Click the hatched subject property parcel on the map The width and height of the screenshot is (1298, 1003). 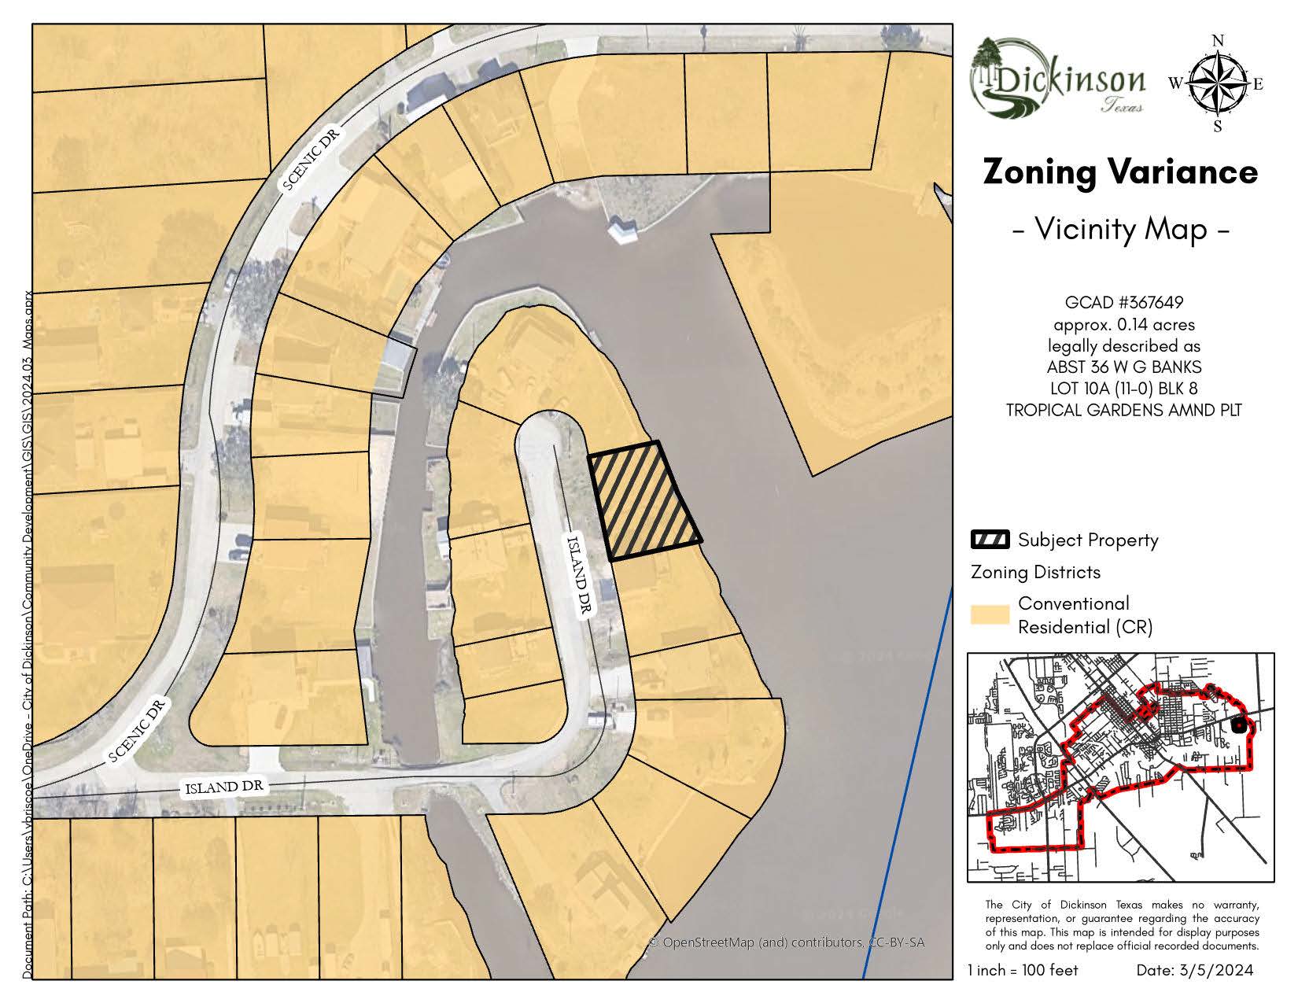tap(644, 500)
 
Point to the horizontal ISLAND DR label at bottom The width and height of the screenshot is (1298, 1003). tap(225, 787)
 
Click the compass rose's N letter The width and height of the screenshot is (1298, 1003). tap(1218, 41)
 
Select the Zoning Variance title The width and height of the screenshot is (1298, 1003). tap(1120, 171)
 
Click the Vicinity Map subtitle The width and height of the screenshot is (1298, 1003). tap(1120, 229)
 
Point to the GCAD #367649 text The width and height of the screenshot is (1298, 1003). tap(1123, 302)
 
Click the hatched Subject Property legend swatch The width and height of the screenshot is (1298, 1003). tap(990, 540)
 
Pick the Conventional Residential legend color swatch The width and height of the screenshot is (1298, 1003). tap(990, 614)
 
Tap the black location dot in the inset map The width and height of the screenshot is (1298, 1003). tap(1239, 726)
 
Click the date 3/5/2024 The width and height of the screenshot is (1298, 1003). tap(1194, 970)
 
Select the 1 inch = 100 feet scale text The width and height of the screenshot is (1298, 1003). tap(1023, 970)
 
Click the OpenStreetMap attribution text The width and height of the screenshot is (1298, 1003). tap(786, 942)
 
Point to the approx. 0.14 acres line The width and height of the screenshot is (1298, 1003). tap(1123, 324)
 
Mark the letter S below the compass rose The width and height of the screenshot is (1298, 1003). tap(1217, 126)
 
